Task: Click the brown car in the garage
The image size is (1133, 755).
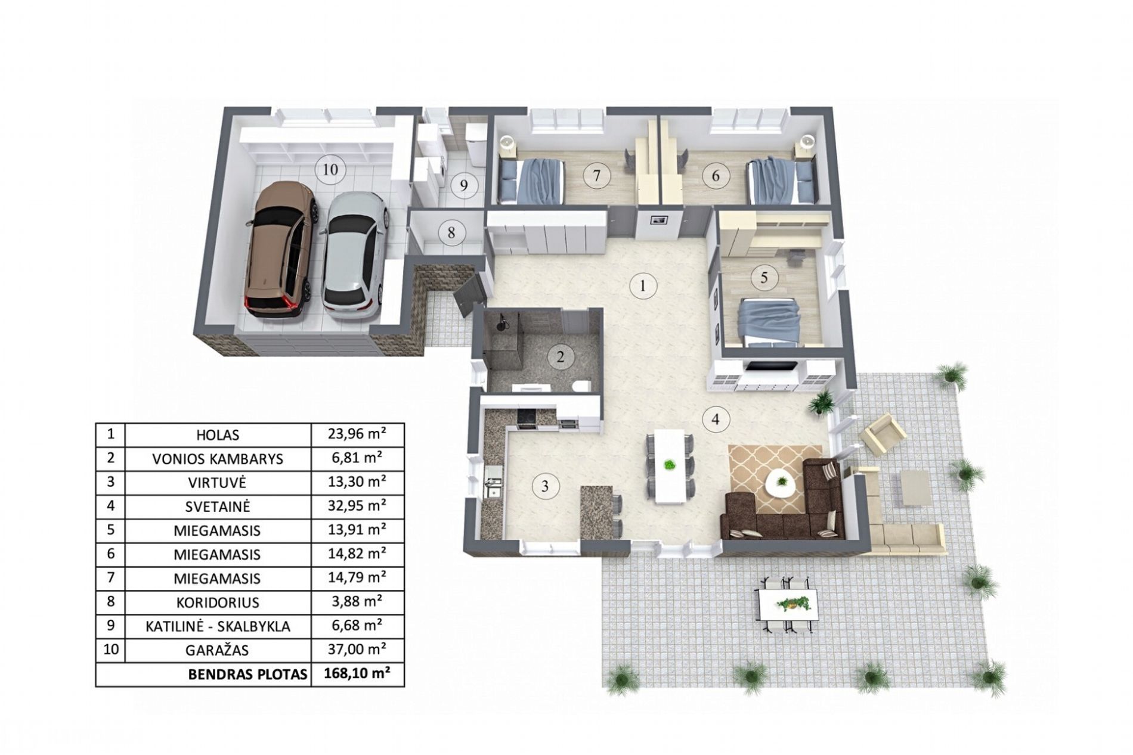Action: coord(281,250)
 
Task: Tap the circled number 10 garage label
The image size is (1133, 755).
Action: coord(330,169)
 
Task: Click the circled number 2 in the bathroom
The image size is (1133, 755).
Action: coord(560,358)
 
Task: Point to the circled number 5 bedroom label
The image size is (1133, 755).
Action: coord(764,277)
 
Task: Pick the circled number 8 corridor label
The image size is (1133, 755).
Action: coord(451,231)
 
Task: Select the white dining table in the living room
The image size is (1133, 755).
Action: coord(670,465)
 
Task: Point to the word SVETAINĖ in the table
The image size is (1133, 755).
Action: coord(218,507)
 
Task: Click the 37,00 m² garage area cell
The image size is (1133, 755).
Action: coord(357,649)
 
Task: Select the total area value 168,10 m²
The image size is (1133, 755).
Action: coord(357,674)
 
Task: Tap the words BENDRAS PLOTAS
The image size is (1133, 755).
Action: coord(247,675)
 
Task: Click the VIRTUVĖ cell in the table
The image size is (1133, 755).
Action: coord(218,482)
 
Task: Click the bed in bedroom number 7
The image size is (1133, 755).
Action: coord(530,181)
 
